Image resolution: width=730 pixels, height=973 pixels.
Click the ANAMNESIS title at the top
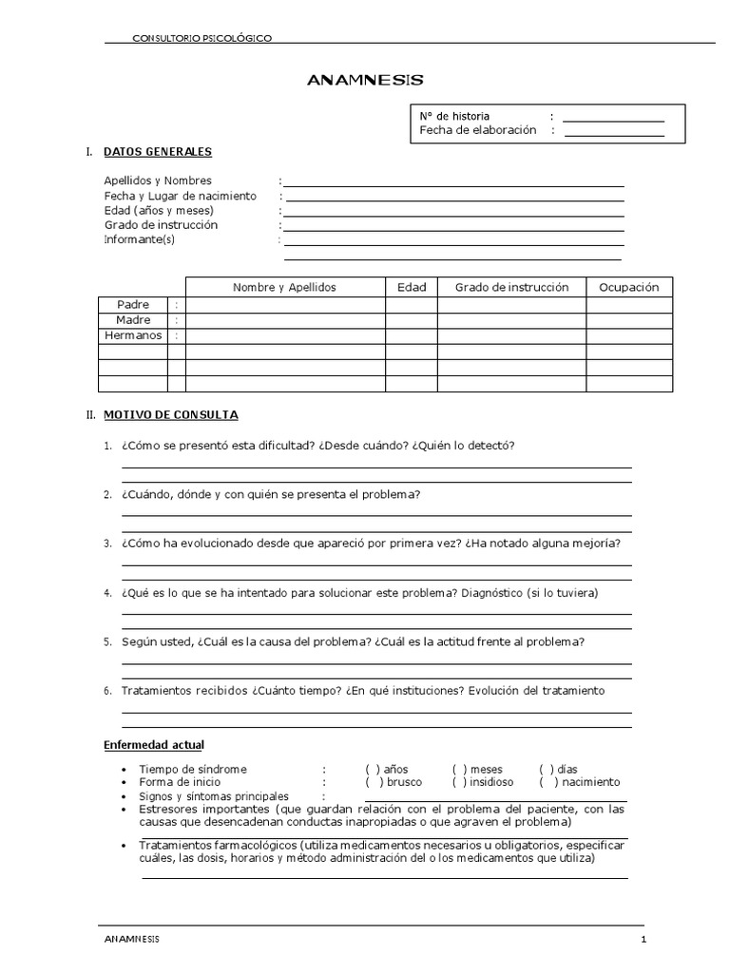365,81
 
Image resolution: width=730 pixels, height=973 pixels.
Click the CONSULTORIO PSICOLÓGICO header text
202,38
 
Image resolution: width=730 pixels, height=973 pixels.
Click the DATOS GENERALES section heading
158,152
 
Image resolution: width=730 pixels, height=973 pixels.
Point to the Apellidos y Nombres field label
158,181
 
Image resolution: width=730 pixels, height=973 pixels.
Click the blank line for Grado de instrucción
453,229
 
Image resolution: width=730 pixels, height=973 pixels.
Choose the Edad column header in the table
411,287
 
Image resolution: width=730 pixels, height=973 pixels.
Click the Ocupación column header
628,287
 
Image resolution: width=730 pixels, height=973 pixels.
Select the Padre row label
133,305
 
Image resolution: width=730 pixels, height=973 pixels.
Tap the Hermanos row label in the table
133,336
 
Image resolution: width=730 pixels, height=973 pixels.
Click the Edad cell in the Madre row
411,321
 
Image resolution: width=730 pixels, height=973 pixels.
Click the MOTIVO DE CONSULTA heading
171,415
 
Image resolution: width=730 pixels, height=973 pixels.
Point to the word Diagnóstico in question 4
492,593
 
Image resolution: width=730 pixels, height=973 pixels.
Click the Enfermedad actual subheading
153,744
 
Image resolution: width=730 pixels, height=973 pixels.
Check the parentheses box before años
373,769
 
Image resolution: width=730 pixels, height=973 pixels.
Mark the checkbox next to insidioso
460,782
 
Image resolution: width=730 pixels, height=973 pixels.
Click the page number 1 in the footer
644,940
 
